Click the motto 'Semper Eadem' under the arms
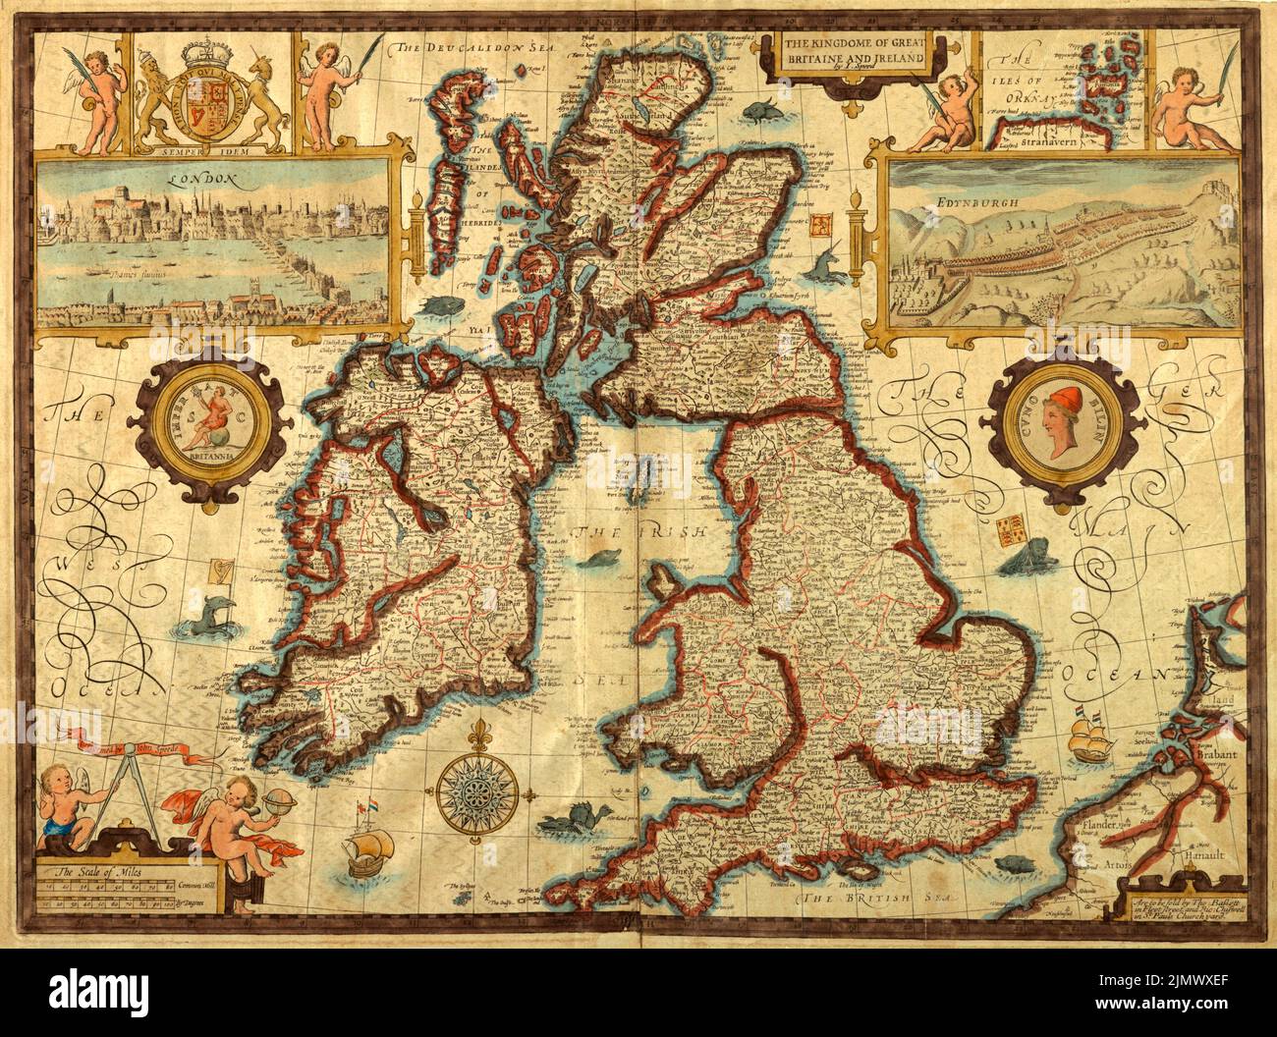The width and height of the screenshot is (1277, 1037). point(203,152)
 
